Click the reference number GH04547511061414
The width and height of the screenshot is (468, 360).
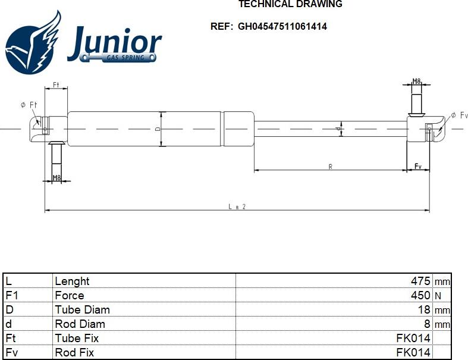pyautogui.click(x=282, y=26)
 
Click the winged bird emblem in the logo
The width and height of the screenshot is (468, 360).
pyautogui.click(x=33, y=43)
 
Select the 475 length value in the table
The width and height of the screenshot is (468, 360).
pyautogui.click(x=420, y=281)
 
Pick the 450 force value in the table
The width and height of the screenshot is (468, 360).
pyautogui.click(x=420, y=295)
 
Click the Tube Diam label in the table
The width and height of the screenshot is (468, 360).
pyautogui.click(x=83, y=309)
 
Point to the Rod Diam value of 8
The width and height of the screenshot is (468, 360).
pyautogui.click(x=427, y=324)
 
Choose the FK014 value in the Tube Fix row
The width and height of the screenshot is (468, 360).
pyautogui.click(x=413, y=338)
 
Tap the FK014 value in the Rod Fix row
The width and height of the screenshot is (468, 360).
pyautogui.click(x=413, y=352)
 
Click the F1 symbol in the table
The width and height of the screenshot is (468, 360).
pyautogui.click(x=12, y=295)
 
